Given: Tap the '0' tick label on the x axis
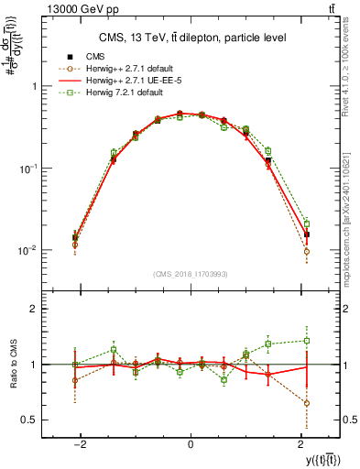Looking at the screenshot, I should click(x=191, y=443).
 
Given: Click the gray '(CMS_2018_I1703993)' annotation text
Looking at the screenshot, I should click(x=191, y=273).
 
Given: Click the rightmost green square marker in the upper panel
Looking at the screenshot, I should click(x=307, y=224).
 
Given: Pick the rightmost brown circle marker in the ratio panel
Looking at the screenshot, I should click(x=307, y=403).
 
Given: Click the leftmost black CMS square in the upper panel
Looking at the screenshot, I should click(x=75, y=237).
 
